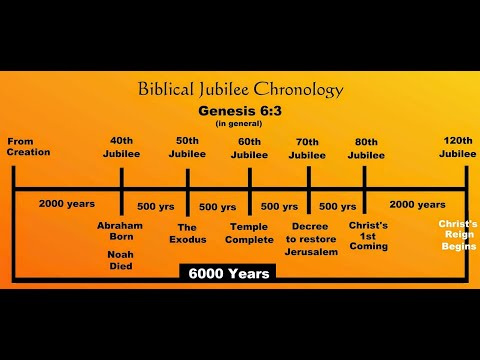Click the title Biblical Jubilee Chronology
coord(239,91)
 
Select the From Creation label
coord(28,147)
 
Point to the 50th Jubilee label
coord(187,147)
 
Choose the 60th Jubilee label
coord(249,147)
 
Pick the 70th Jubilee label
coord(307,147)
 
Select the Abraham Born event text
coord(121,232)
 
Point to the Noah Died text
coord(121,260)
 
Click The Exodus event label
coord(187,232)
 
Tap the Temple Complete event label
coord(249,232)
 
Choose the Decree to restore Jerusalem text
coord(311,239)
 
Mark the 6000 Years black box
coord(229,273)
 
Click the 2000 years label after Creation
coord(67,204)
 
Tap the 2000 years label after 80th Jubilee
coord(417,204)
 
